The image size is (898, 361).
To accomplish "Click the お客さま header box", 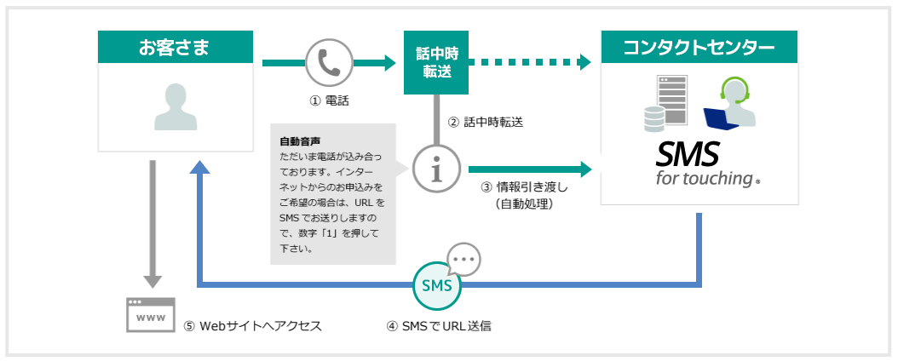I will tap(176, 47).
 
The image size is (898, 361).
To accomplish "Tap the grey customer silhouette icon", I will tap(176, 106).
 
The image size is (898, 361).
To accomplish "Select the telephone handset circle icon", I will tap(327, 62).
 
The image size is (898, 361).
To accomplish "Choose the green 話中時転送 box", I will tap(437, 63).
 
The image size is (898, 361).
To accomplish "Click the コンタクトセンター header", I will tap(699, 47).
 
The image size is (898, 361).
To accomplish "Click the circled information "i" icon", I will tap(437, 169).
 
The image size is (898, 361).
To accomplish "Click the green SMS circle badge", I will tap(437, 285).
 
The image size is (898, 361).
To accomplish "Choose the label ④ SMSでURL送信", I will tap(438, 325).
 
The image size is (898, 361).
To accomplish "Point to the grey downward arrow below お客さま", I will tap(152, 222).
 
